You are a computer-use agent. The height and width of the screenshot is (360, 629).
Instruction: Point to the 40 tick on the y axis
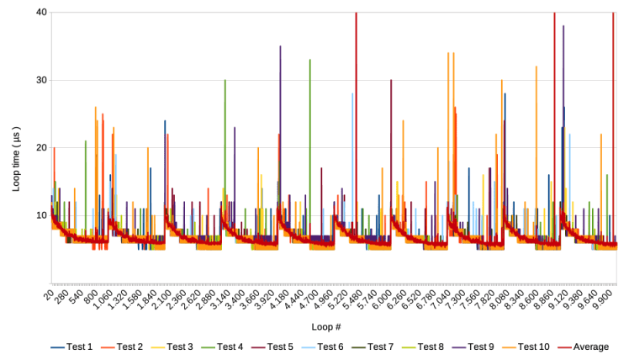41,13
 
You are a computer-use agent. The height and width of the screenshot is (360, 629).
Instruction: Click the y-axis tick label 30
41,80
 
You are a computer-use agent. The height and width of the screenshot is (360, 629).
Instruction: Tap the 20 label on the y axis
41,147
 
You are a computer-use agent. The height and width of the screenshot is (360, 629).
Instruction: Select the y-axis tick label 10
41,214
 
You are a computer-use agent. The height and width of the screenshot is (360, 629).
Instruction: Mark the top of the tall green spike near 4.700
310,60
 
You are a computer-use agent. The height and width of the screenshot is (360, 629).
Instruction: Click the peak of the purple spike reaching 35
280,46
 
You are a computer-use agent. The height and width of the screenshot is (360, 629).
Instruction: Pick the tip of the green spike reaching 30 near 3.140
225,80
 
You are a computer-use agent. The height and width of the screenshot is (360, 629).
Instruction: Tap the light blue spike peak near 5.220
352,93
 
